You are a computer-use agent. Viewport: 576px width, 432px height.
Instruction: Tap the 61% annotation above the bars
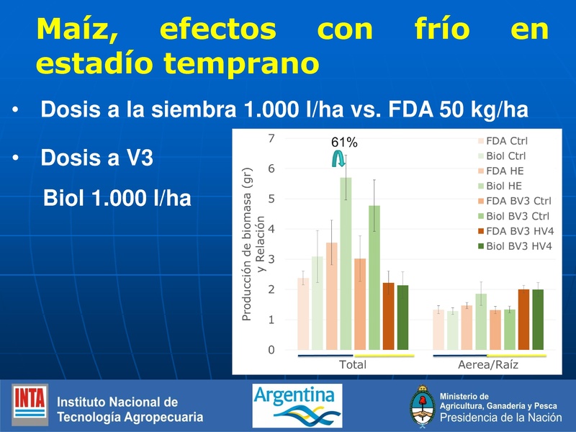point(345,143)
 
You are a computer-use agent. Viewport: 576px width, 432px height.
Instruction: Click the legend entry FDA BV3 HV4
point(520,231)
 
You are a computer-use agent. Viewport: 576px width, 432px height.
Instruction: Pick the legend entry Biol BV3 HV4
point(520,246)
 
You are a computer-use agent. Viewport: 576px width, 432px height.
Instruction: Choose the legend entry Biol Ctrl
point(505,156)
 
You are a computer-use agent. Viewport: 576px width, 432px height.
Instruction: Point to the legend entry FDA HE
point(505,171)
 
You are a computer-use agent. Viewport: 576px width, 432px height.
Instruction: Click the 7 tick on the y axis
point(271,138)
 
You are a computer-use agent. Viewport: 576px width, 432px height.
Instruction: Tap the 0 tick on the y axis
point(271,350)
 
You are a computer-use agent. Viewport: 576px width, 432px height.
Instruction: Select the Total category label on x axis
point(353,365)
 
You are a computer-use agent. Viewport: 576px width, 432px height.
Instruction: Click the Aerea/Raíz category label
point(488,365)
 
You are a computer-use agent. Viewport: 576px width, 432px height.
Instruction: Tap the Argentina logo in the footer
point(297,405)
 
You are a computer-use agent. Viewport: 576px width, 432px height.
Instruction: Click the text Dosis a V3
point(97,157)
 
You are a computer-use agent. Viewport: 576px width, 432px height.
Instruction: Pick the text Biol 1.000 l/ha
point(117,197)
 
